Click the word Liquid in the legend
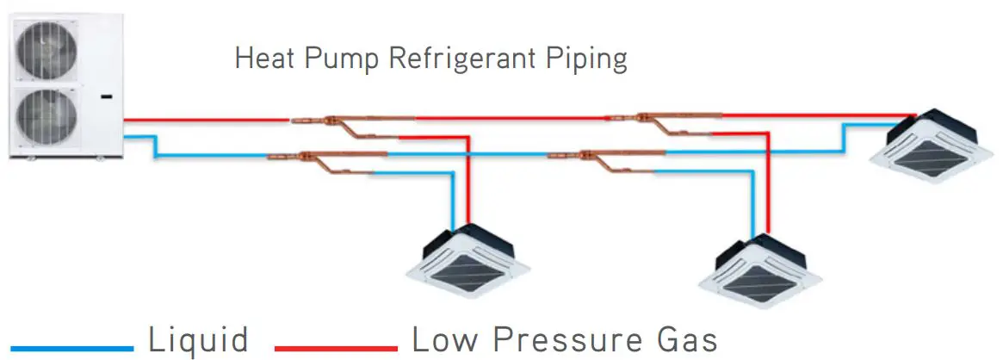199,339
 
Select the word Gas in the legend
683,339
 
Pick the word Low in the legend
445,339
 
